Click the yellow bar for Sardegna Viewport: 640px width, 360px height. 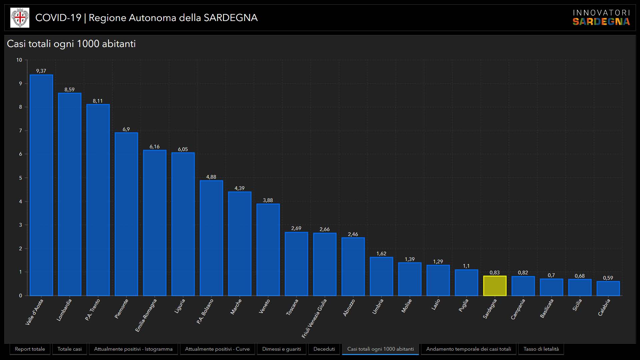495,286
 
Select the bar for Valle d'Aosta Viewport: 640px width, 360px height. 41,185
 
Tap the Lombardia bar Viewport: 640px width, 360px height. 70,194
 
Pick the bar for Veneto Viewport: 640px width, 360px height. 268,250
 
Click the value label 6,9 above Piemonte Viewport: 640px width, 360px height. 126,129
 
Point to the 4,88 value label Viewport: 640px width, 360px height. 211,177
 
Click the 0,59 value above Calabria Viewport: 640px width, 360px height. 608,278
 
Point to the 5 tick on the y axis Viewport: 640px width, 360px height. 21,178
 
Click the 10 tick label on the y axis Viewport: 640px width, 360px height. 19,60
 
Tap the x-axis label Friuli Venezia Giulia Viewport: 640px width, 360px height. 314,318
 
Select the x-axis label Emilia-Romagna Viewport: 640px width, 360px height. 146,315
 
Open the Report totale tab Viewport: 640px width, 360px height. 30,349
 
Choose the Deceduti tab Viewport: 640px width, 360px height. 324,349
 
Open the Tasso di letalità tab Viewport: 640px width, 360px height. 541,349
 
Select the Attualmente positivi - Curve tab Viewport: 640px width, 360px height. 217,349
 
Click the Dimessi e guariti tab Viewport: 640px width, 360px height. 281,349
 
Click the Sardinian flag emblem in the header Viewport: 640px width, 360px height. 20,18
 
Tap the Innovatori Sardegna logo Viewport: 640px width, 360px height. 601,18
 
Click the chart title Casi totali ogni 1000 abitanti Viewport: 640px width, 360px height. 71,44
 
